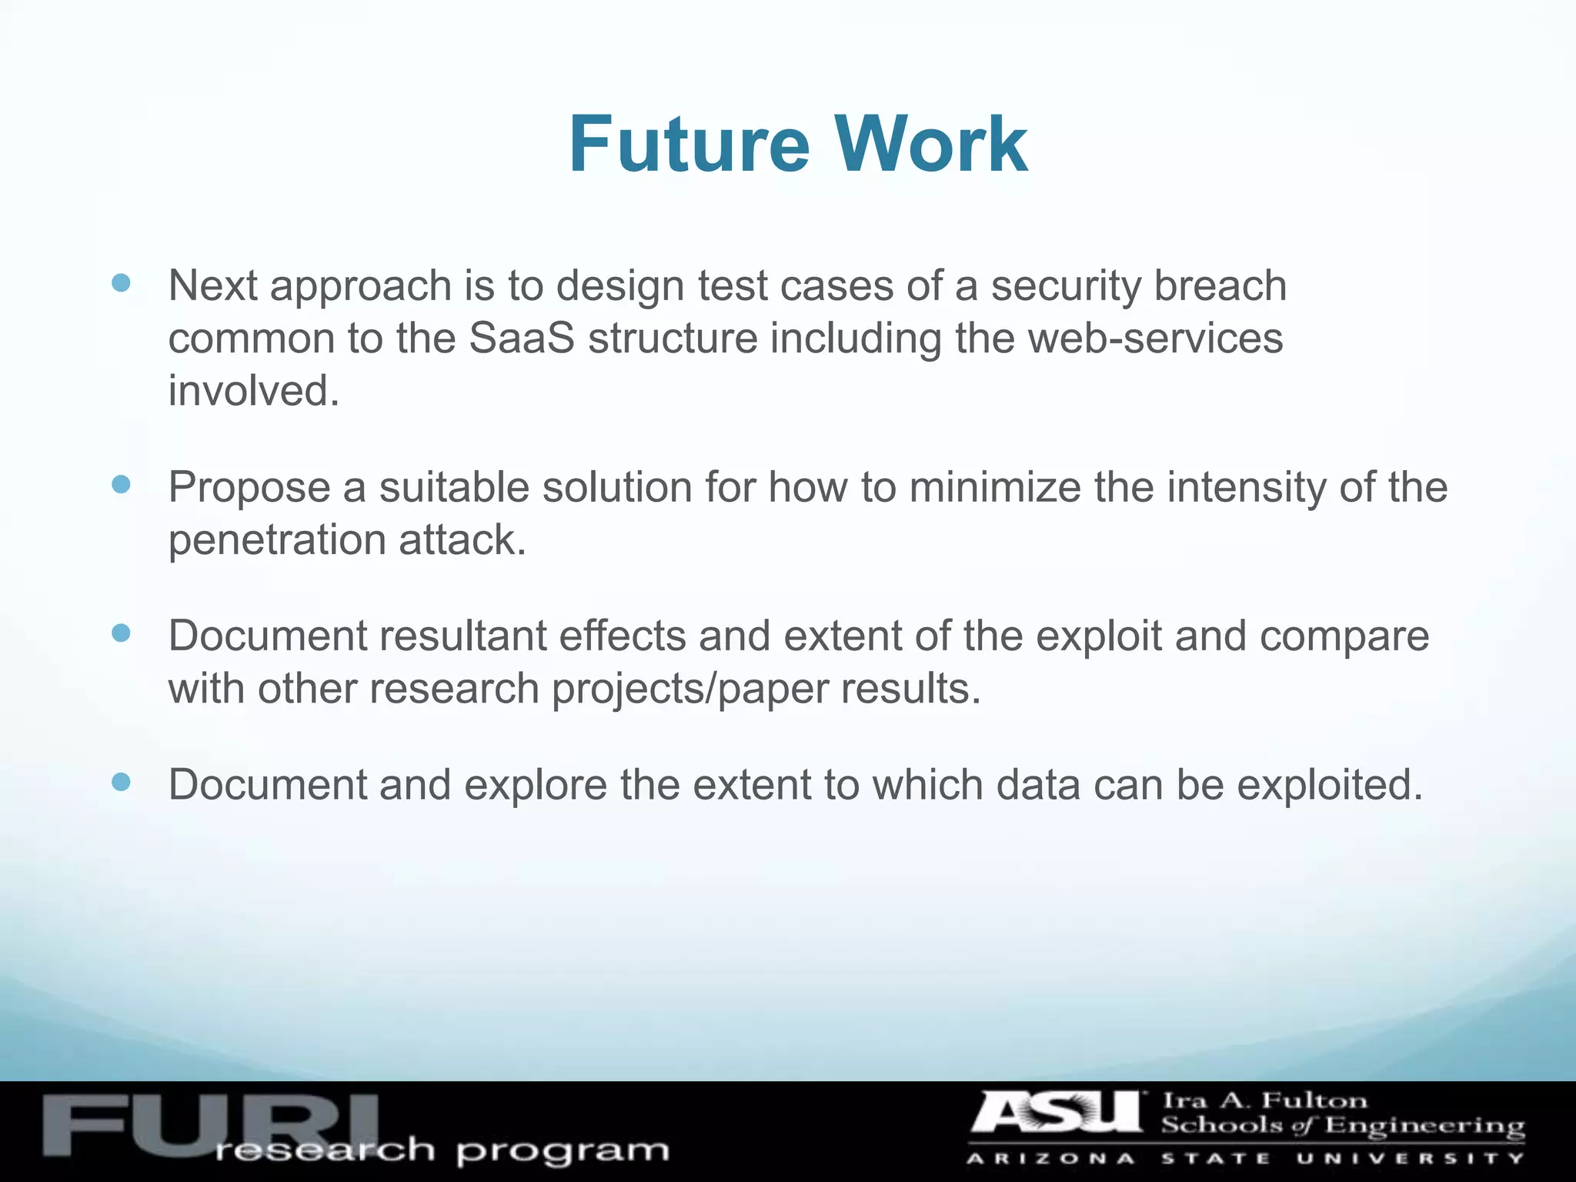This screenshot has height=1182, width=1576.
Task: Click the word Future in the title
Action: (689, 145)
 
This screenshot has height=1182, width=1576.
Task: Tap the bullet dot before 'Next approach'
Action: (121, 282)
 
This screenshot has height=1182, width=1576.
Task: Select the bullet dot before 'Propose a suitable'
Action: (121, 484)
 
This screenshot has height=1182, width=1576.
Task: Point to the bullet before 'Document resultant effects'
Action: (121, 633)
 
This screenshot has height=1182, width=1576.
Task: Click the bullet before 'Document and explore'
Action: (121, 782)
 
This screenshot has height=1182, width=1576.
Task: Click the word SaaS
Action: (521, 339)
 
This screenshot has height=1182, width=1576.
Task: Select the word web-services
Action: (1119, 339)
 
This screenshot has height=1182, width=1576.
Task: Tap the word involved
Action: (253, 391)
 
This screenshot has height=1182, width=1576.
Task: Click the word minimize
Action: (994, 488)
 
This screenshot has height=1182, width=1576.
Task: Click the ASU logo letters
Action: (1058, 1114)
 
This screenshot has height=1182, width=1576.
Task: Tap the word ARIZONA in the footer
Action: (1050, 1159)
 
